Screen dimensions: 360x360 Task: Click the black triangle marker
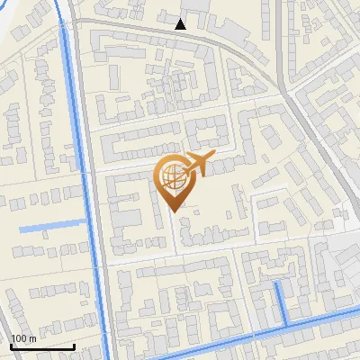[x=181, y=24]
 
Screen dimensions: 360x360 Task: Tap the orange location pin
[x=173, y=180]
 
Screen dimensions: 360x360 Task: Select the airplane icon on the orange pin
[x=199, y=165]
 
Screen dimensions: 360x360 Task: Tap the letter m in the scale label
[x=32, y=337]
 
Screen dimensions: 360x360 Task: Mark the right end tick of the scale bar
[x=75, y=345]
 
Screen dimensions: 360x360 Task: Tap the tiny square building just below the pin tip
[x=184, y=214]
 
